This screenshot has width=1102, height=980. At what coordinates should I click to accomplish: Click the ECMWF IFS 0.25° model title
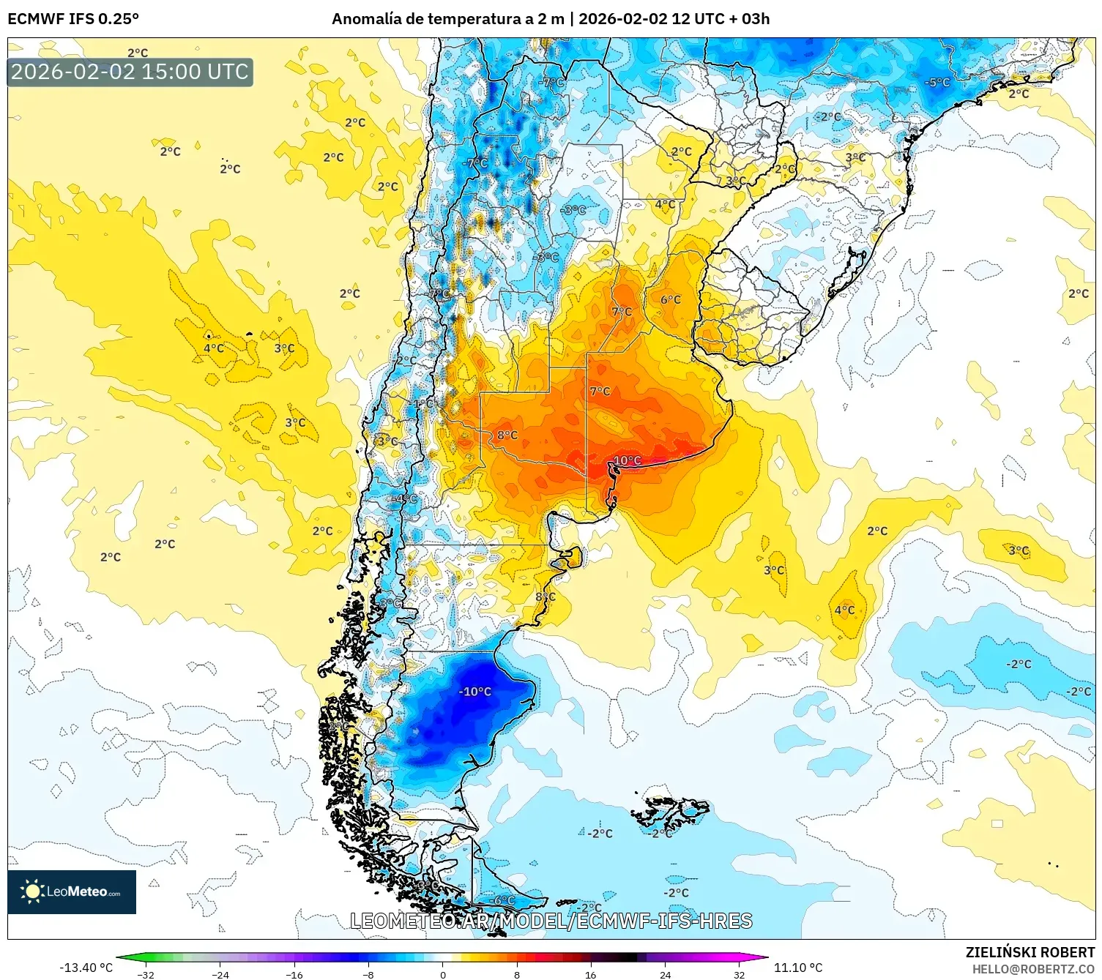pos(73,19)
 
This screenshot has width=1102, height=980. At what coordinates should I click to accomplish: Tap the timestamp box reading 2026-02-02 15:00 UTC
pos(130,72)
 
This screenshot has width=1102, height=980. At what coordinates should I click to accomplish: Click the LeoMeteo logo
pos(72,891)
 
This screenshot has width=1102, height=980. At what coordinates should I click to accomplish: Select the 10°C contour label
pos(627,460)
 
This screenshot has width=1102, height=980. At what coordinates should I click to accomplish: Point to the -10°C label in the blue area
pos(474,692)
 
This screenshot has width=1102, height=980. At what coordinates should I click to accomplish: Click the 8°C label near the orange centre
pos(507,435)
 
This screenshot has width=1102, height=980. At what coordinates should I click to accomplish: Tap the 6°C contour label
pos(670,299)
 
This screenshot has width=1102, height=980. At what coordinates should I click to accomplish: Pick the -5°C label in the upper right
pos(937,83)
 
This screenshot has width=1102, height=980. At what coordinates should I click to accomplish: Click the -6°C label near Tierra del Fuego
pos(503,900)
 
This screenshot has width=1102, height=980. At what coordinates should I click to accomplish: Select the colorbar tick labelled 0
pos(443,974)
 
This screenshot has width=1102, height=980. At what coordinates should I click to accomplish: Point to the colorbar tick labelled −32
pos(146,974)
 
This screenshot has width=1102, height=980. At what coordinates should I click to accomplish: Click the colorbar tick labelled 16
pos(591,974)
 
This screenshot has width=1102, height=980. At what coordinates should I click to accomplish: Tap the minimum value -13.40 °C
pos(86,968)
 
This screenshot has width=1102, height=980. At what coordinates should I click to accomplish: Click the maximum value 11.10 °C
pos(799,968)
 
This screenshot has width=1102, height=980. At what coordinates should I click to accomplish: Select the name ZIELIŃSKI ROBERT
pos(1030,952)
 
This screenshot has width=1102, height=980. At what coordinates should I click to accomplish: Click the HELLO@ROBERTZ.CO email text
pos(1033,969)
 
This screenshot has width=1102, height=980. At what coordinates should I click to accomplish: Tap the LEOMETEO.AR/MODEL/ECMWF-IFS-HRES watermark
pos(551,921)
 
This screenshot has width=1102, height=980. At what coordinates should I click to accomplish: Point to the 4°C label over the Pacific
pos(214,348)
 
